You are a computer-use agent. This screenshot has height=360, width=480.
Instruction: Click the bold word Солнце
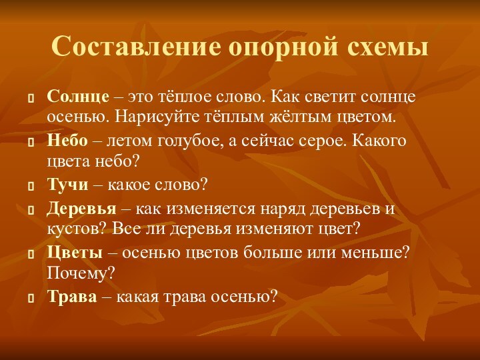pos(78,97)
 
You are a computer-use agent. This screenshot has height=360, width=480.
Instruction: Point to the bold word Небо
pos(67,141)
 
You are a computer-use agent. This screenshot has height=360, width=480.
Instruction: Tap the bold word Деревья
pos(82,209)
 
